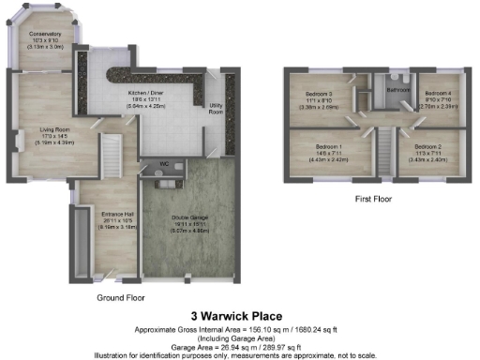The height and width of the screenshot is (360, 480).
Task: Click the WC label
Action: click(x=163, y=163)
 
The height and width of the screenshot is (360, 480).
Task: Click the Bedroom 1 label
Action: click(x=327, y=147)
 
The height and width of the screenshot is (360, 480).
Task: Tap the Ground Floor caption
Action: click(x=123, y=297)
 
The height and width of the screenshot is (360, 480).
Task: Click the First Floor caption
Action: click(x=372, y=199)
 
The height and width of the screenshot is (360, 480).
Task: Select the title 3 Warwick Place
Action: click(x=235, y=316)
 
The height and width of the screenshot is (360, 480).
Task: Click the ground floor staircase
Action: click(x=112, y=153)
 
